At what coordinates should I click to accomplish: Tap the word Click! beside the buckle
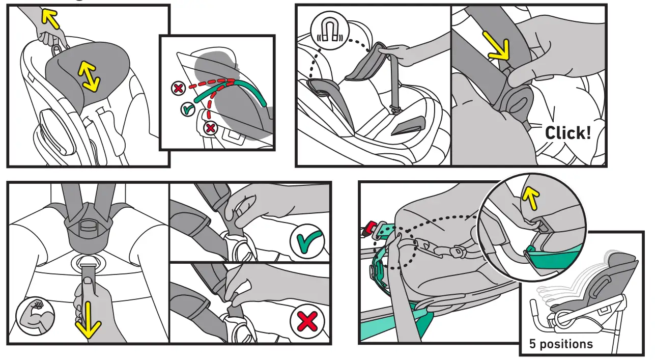coord(568,133)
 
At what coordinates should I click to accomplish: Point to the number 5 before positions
coord(532,344)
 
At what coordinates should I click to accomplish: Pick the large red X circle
coord(307,322)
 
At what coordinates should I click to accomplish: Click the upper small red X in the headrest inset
coord(178,89)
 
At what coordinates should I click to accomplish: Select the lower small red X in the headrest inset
coord(210,128)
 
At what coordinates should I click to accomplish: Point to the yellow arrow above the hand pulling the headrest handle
coord(50,19)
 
